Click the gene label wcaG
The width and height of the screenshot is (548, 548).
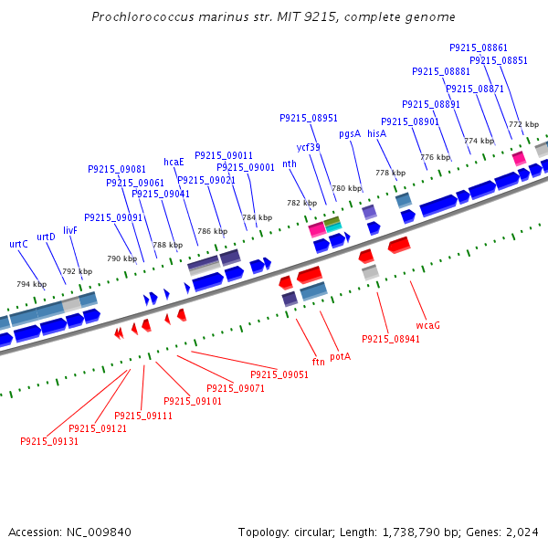tap(428, 324)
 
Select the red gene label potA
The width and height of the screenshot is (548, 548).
tap(341, 356)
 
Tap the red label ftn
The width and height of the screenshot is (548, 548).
tap(319, 362)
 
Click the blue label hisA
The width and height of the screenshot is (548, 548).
tap(377, 133)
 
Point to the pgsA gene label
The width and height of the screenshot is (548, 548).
tap(350, 133)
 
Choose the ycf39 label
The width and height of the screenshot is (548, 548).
tap(308, 147)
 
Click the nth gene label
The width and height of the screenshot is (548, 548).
tap(290, 163)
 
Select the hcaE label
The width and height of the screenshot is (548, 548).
tap(174, 162)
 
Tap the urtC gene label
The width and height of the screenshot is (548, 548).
tap(18, 244)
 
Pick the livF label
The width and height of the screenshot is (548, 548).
tap(70, 230)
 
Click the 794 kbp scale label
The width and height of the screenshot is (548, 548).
tap(30, 284)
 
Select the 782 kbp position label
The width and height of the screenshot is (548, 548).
tap(300, 203)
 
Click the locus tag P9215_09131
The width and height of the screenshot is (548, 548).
tap(49, 441)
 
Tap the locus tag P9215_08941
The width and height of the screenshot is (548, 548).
tap(391, 339)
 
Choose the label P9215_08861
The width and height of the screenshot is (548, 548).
tap(479, 47)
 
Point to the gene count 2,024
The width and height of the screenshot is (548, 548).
tap(521, 532)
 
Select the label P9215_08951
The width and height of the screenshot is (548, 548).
tap(309, 118)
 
